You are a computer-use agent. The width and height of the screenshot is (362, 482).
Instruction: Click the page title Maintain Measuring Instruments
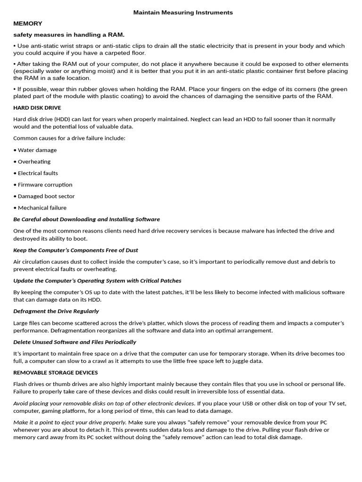click(183, 13)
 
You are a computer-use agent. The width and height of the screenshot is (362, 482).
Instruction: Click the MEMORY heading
click(28, 24)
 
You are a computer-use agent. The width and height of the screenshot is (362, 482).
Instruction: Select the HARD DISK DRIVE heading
click(37, 108)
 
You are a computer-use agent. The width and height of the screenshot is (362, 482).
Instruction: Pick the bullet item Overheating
click(34, 161)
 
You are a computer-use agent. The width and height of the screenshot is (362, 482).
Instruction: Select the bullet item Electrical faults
click(38, 173)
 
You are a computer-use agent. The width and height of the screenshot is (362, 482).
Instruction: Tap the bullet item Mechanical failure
click(42, 208)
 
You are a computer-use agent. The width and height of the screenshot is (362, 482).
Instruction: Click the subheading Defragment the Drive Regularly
click(56, 311)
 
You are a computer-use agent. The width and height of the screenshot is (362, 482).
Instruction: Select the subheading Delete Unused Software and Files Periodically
click(74, 342)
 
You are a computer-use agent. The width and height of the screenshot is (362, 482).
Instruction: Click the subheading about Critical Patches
click(97, 281)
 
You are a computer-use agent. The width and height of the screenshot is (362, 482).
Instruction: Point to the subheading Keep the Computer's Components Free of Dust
click(75, 250)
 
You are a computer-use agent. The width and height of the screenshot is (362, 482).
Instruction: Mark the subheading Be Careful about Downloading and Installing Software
click(86, 219)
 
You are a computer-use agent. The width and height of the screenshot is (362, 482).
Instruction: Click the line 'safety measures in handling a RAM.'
click(69, 34)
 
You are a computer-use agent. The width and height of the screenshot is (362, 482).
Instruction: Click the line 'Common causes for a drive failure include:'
click(69, 138)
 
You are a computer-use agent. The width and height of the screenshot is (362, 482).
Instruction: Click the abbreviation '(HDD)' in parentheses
click(62, 120)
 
